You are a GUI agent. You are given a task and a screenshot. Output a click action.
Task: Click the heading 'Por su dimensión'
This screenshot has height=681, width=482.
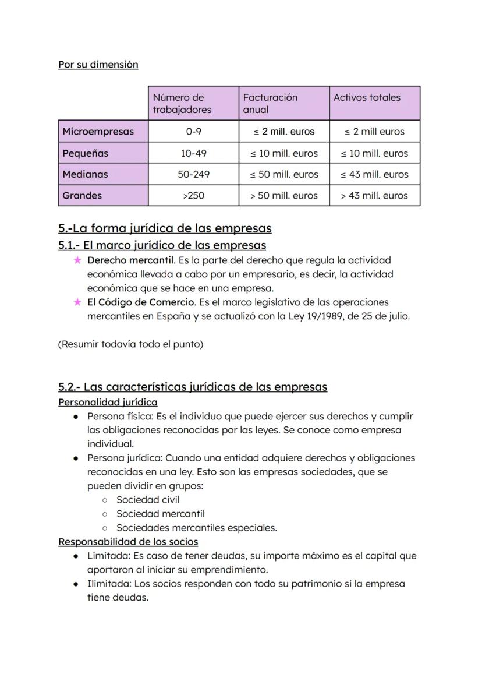click(98, 65)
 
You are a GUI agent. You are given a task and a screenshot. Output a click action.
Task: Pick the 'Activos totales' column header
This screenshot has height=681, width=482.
click(367, 98)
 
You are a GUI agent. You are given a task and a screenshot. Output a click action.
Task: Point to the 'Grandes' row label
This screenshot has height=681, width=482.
click(82, 196)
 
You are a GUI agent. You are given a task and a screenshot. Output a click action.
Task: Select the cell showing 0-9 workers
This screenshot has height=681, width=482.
click(193, 132)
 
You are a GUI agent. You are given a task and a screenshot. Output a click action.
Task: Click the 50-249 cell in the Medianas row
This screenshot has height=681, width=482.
click(193, 174)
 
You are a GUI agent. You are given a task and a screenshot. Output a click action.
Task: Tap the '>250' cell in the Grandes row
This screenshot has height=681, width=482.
click(193, 196)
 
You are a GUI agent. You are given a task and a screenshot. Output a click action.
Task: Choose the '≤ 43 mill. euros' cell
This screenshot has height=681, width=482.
click(374, 174)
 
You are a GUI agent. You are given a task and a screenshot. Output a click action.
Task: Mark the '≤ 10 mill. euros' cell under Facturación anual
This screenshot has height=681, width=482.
click(284, 154)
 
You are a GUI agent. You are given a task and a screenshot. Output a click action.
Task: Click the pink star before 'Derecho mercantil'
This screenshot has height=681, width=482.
click(77, 260)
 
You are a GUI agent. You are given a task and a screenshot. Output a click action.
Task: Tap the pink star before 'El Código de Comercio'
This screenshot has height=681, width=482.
click(77, 302)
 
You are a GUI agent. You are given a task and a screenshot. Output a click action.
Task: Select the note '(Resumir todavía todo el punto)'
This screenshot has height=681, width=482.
click(130, 344)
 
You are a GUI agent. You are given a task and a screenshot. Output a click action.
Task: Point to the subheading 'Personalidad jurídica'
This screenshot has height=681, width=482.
click(108, 402)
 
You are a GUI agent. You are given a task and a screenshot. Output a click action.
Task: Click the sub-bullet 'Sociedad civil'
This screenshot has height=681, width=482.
click(148, 500)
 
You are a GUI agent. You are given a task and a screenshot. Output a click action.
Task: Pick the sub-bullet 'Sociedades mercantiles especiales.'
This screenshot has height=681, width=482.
click(196, 528)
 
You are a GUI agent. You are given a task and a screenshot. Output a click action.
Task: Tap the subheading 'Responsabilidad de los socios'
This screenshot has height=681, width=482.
click(128, 542)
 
